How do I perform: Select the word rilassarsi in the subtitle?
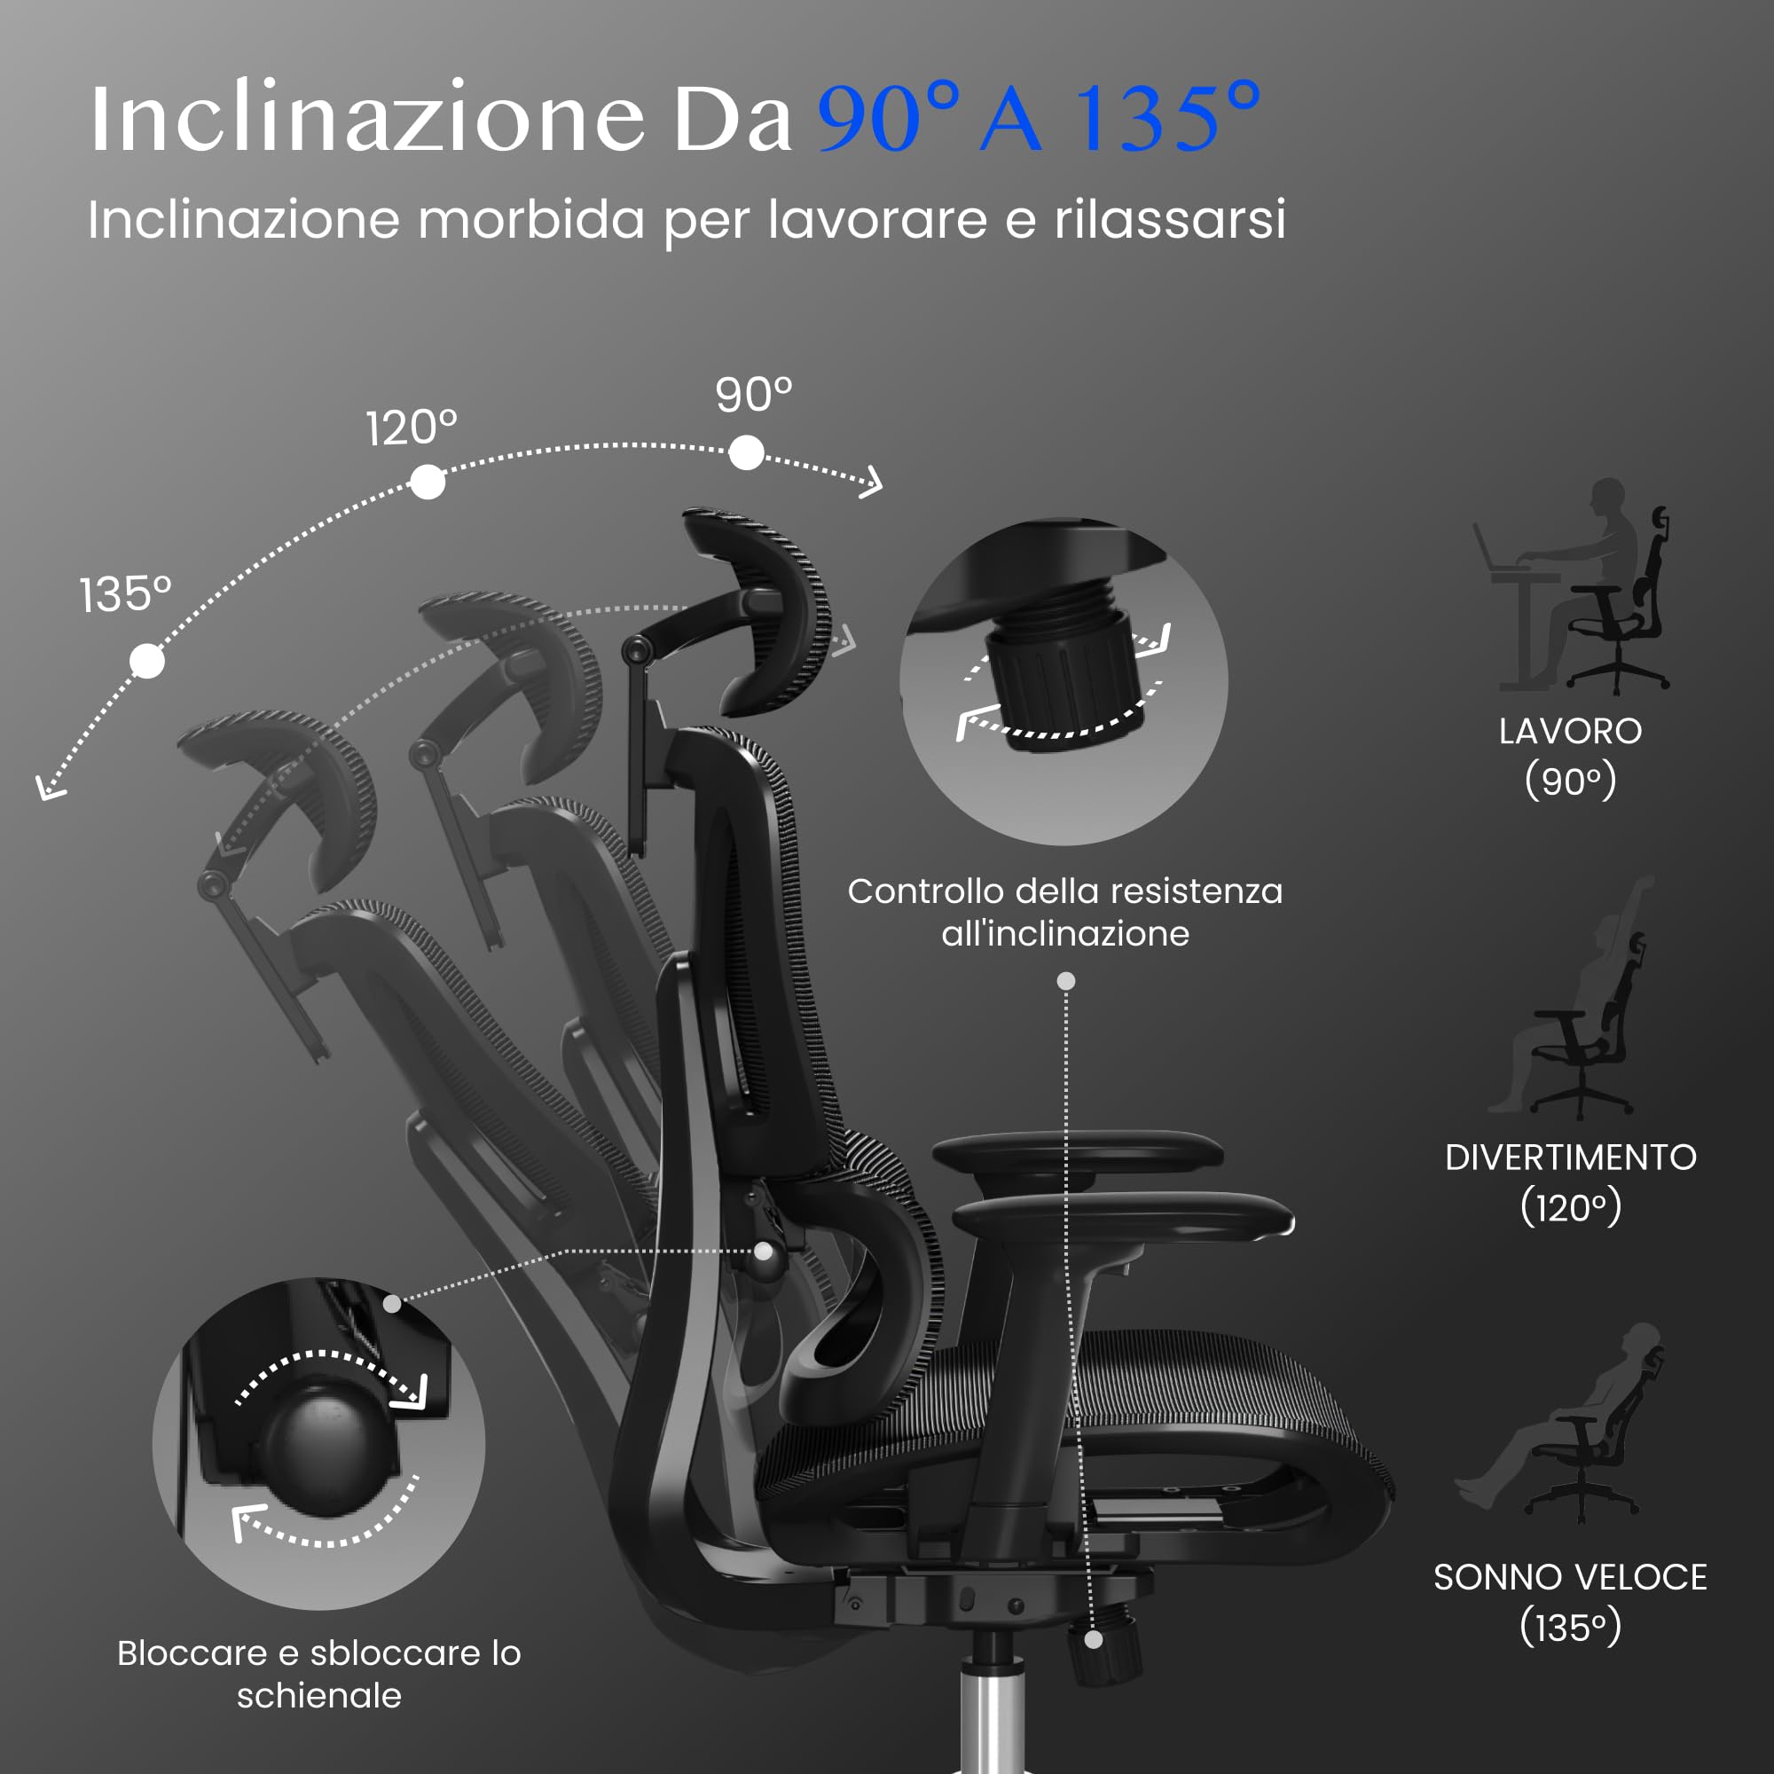[1170, 219]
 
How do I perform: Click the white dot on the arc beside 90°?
[747, 452]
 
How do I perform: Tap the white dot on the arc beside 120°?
[428, 481]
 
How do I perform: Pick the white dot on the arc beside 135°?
[147, 661]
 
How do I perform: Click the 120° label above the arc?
[412, 428]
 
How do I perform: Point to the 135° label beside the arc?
[126, 594]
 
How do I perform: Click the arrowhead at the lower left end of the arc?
[48, 788]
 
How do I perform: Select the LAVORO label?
[1570, 732]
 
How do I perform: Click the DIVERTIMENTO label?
[1571, 1158]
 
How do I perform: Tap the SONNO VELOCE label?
[1571, 1577]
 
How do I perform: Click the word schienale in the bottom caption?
[319, 1696]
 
